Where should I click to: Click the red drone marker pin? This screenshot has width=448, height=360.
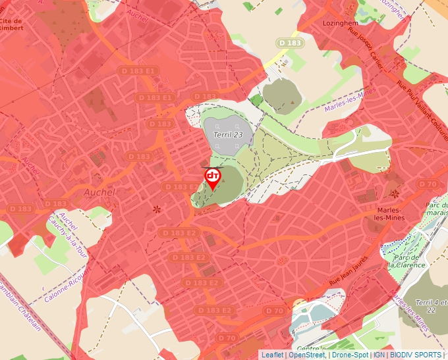click(212, 178)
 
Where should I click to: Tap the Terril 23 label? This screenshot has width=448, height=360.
click(228, 134)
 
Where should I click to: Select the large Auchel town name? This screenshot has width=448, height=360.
click(99, 192)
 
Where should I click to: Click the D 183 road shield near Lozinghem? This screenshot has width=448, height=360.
click(290, 43)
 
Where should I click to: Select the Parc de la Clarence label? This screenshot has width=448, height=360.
click(407, 261)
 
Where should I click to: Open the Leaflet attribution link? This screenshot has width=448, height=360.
click(272, 355)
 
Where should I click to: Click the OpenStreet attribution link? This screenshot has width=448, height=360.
click(306, 355)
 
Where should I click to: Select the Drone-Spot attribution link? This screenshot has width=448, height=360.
click(350, 355)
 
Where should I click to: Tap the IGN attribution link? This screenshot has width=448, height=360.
click(379, 355)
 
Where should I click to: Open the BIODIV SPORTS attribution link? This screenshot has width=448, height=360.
click(416, 355)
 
